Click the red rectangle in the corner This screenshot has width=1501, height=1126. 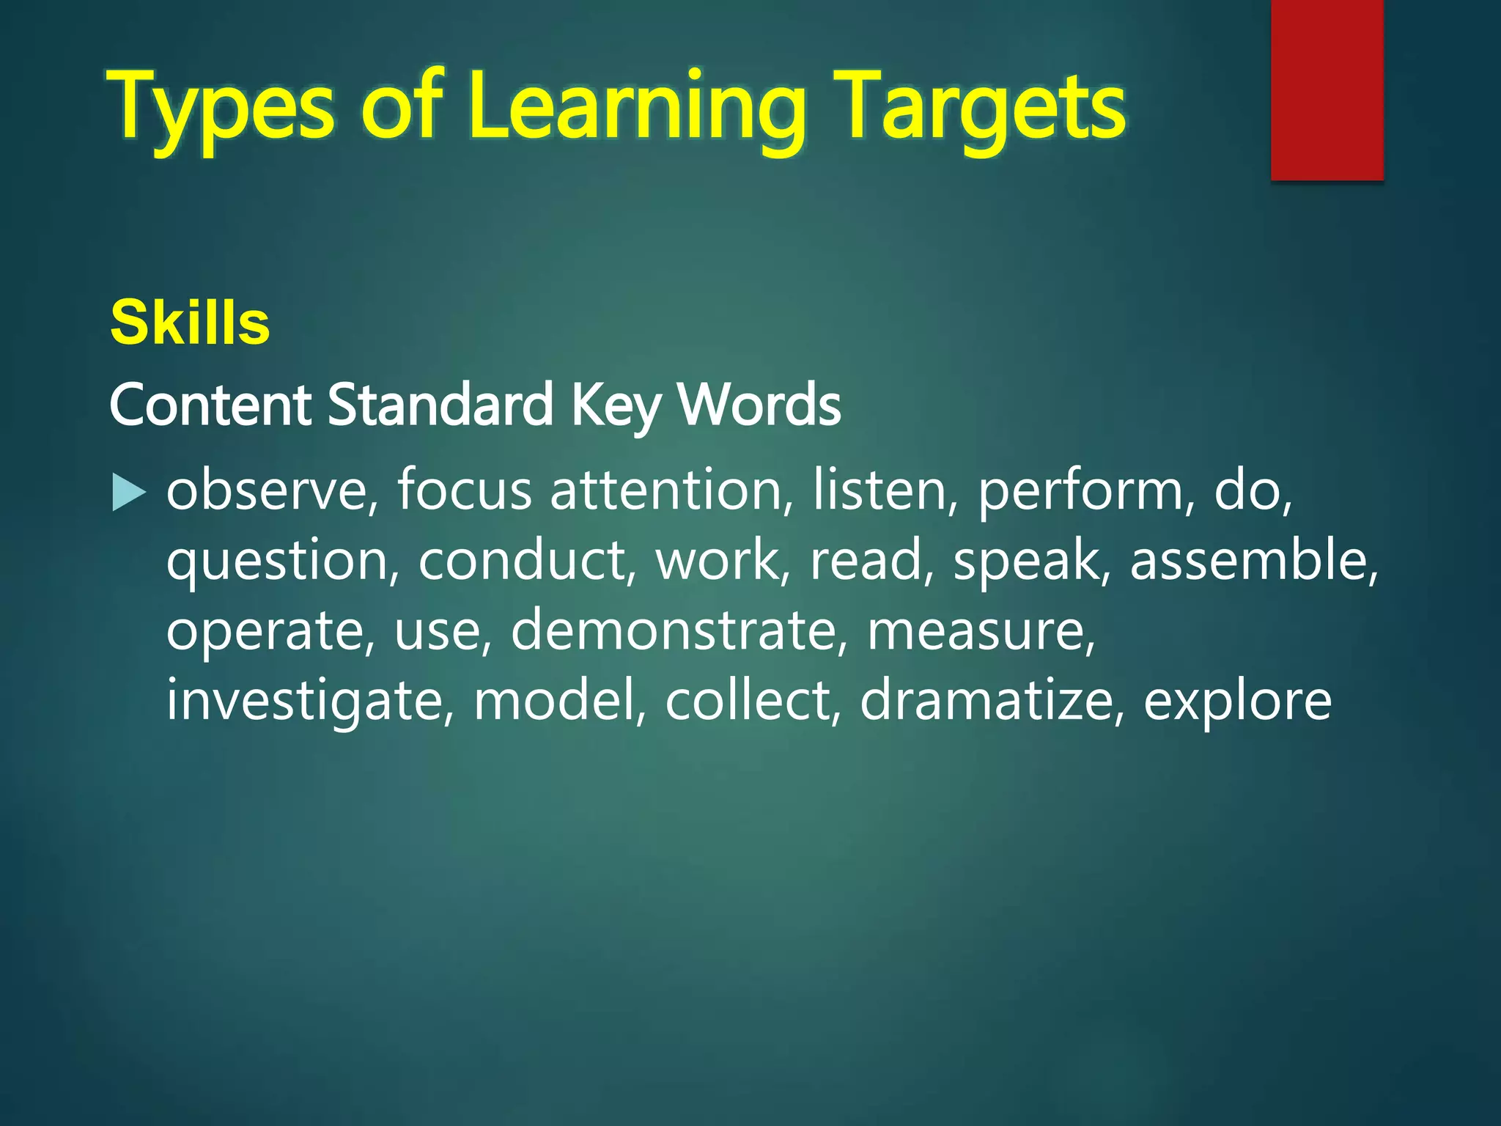click(1327, 89)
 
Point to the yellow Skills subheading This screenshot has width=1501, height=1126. click(190, 323)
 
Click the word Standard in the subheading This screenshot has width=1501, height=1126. click(440, 405)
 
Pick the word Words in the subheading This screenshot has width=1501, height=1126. click(759, 405)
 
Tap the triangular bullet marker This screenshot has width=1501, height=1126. click(129, 493)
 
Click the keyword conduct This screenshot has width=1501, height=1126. click(522, 560)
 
